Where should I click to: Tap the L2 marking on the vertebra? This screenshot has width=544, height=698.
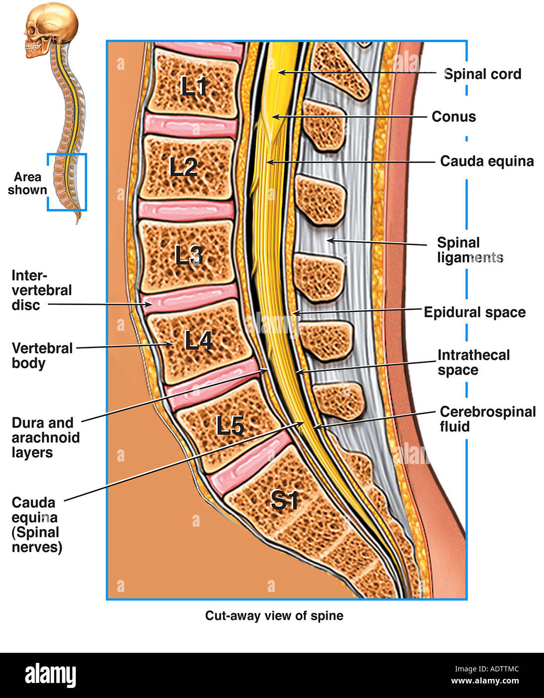(184, 167)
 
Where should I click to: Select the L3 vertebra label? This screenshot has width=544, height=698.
(189, 256)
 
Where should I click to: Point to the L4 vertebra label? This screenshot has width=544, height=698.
(199, 341)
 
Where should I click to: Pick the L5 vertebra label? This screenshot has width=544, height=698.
(230, 426)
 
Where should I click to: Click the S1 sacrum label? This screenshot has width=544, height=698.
(285, 500)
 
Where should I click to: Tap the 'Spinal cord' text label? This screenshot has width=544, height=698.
(482, 74)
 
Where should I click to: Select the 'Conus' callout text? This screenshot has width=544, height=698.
(454, 117)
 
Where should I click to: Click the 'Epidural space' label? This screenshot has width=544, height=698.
(475, 312)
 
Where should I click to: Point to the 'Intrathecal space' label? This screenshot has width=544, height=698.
(473, 363)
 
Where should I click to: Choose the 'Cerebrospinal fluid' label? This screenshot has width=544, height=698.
(487, 419)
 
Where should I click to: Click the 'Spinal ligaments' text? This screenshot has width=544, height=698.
(470, 250)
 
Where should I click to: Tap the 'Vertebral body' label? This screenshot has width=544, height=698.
(42, 355)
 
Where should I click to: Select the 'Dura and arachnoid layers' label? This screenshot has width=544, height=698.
(45, 437)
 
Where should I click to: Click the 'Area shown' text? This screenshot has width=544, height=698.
(27, 183)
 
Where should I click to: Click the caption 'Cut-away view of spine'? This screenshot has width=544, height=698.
(274, 616)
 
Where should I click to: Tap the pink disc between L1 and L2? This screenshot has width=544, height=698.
(191, 127)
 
